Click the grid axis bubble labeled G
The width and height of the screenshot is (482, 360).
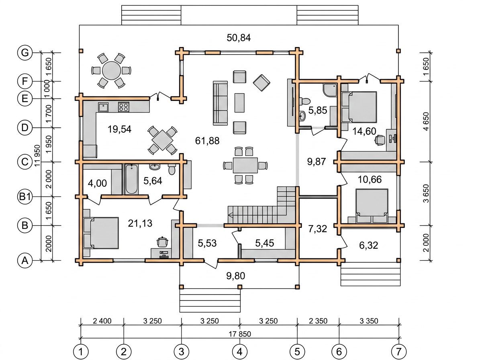pyautogui.click(x=25, y=53)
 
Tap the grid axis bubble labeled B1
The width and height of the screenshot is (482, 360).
pyautogui.click(x=25, y=196)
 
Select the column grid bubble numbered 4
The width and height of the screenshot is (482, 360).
pyautogui.click(x=240, y=352)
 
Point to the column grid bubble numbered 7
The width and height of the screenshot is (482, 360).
pyautogui.click(x=399, y=352)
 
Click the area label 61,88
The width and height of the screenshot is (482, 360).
pyautogui.click(x=207, y=141)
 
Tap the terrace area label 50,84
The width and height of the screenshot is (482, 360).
pyautogui.click(x=239, y=38)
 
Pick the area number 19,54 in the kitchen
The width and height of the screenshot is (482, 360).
pyautogui.click(x=119, y=129)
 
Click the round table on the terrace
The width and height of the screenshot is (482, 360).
pyautogui.click(x=111, y=71)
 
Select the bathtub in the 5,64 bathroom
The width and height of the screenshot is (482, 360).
pyautogui.click(x=131, y=179)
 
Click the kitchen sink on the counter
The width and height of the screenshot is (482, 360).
pyautogui.click(x=103, y=107)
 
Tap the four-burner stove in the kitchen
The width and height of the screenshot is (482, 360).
pyautogui.click(x=123, y=107)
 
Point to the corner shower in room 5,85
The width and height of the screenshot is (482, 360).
pyautogui.click(x=330, y=90)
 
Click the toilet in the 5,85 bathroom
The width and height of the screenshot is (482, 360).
pyautogui.click(x=305, y=101)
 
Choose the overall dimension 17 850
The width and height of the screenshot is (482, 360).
pyautogui.click(x=239, y=334)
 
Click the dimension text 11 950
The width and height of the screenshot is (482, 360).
pyautogui.click(x=37, y=155)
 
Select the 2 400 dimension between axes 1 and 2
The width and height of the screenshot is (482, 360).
pyautogui.click(x=102, y=321)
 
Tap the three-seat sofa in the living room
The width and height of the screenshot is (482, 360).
pyautogui.click(x=220, y=103)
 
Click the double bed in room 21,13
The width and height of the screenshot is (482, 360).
pyautogui.click(x=101, y=233)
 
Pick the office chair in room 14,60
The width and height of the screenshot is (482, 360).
pyautogui.click(x=380, y=140)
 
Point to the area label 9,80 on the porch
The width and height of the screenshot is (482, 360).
pyautogui.click(x=236, y=276)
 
